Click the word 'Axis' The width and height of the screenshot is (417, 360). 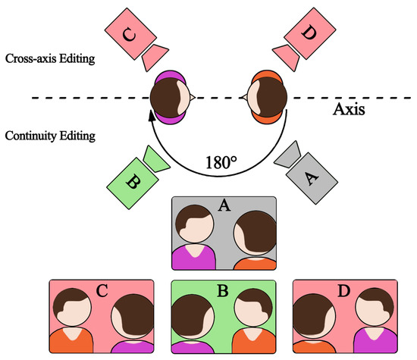[x=350, y=110]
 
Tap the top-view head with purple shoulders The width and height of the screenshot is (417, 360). [x=171, y=98]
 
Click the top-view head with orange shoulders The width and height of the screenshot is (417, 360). [x=264, y=98]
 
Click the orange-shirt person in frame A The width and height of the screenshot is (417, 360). [x=254, y=243]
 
